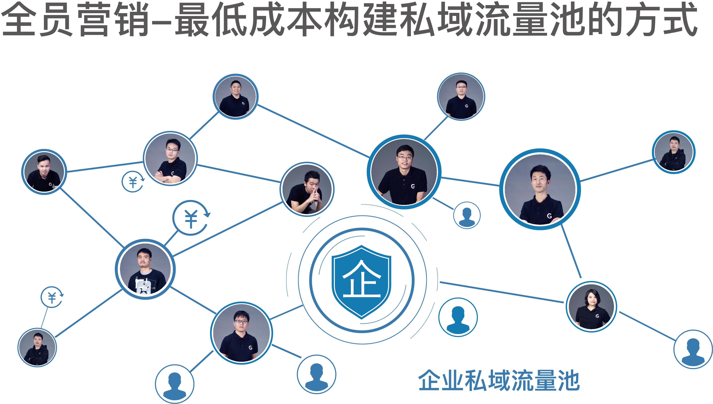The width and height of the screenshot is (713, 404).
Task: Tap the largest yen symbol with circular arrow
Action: (191, 218)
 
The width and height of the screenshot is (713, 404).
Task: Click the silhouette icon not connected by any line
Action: (458, 317)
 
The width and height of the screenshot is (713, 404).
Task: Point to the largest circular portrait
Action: (540, 189)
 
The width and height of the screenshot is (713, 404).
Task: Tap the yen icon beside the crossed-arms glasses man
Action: (133, 181)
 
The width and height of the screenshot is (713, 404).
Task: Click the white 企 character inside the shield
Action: (361, 279)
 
